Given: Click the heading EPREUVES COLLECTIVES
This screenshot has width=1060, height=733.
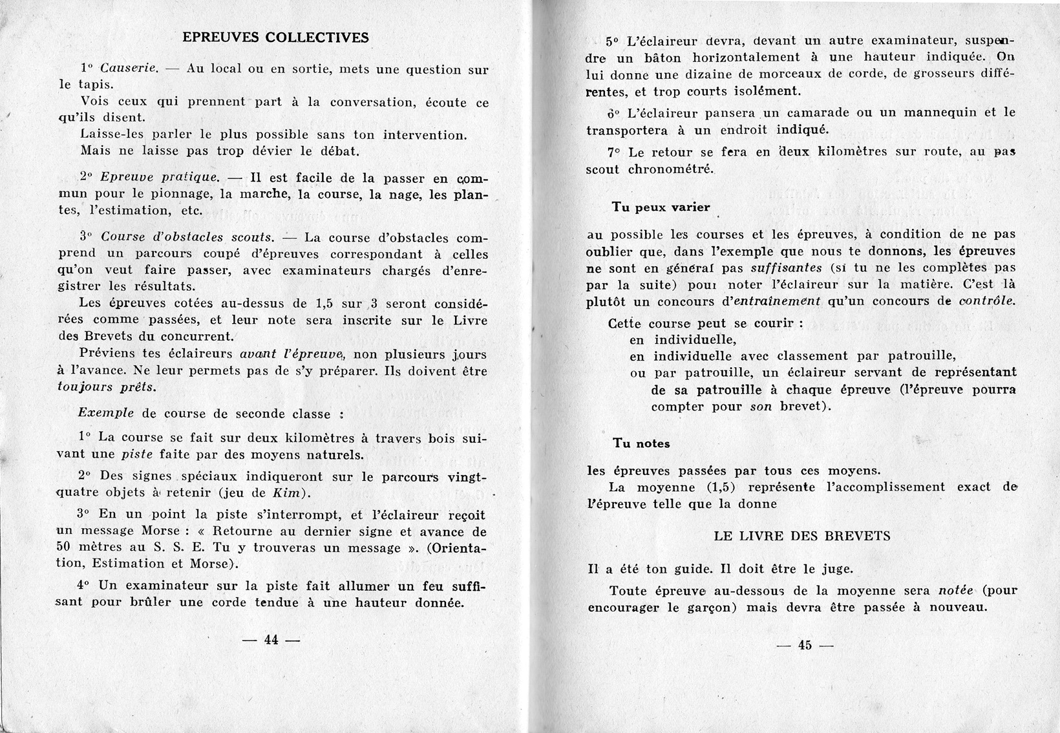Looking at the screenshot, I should point(275,37).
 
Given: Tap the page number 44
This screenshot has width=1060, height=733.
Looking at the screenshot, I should point(271,640).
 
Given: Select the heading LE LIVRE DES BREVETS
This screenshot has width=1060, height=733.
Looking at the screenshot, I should point(802,536).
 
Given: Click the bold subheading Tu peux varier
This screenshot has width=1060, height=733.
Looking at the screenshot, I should point(661,207).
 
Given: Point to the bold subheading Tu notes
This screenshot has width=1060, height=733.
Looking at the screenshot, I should point(641,443).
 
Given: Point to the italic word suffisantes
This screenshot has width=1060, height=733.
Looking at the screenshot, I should point(787,268).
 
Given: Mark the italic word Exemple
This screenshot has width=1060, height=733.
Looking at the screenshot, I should point(106,413).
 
